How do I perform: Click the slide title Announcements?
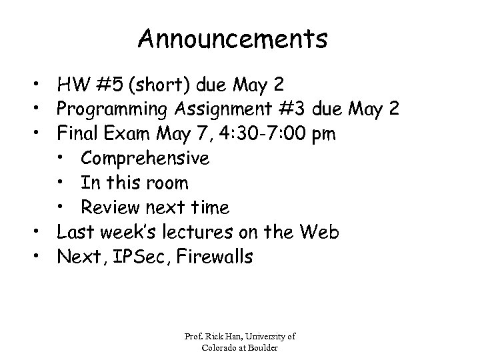tap(233, 39)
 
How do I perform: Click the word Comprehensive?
tap(145, 159)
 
